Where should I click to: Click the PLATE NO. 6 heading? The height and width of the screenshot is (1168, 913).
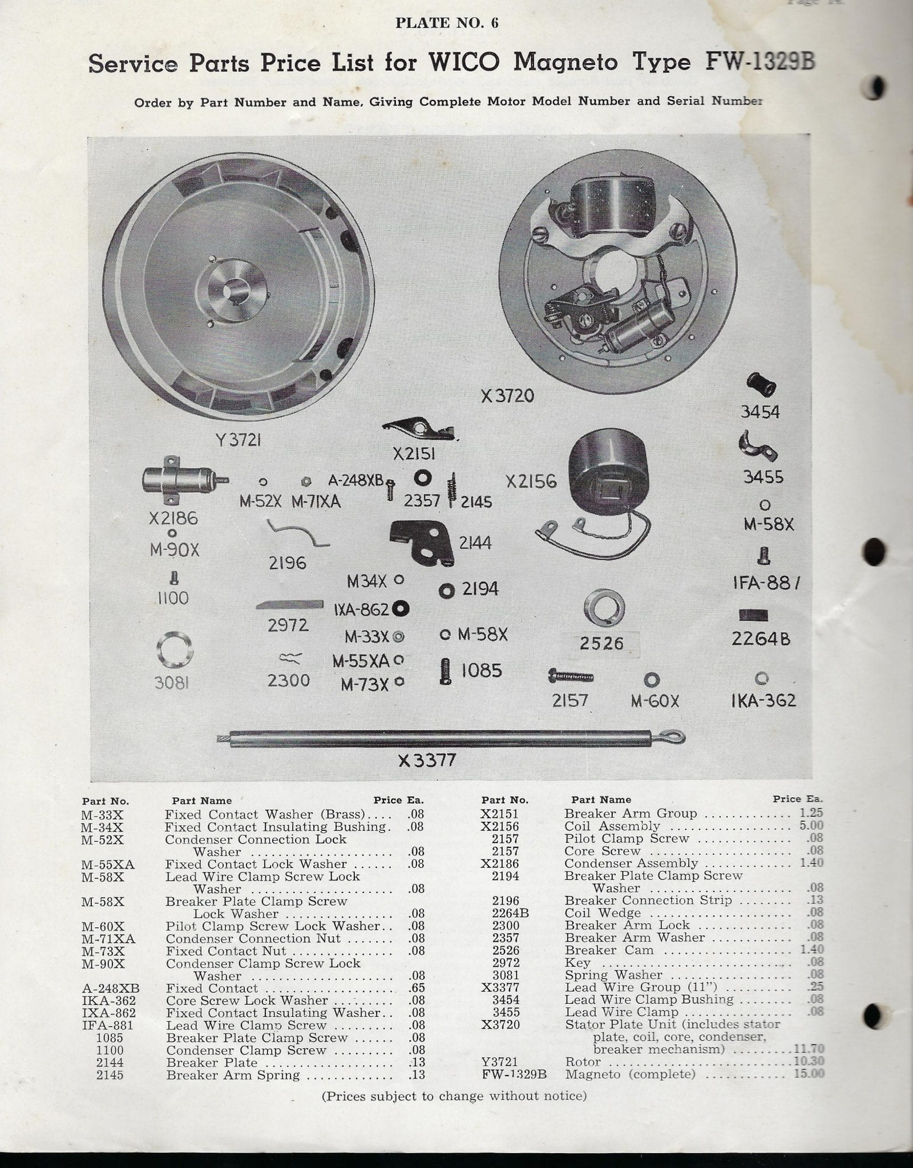pyautogui.click(x=447, y=22)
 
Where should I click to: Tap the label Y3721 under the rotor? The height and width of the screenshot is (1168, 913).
pyautogui.click(x=239, y=440)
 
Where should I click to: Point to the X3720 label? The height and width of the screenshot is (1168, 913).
pyautogui.click(x=507, y=396)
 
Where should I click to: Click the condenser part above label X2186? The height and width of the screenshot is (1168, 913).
pyautogui.click(x=183, y=480)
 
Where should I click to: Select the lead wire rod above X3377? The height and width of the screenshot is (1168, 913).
pyautogui.click(x=451, y=739)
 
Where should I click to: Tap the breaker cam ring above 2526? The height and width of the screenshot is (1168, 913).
pyautogui.click(x=604, y=609)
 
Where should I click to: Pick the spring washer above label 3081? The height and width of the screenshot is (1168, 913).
pyautogui.click(x=175, y=650)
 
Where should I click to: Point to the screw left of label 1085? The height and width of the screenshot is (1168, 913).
pyautogui.click(x=446, y=671)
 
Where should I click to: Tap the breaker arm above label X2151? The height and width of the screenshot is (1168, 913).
pyautogui.click(x=419, y=429)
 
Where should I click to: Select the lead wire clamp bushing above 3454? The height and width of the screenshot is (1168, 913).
pyautogui.click(x=761, y=384)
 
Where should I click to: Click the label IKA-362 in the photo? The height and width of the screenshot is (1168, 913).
pyautogui.click(x=763, y=700)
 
